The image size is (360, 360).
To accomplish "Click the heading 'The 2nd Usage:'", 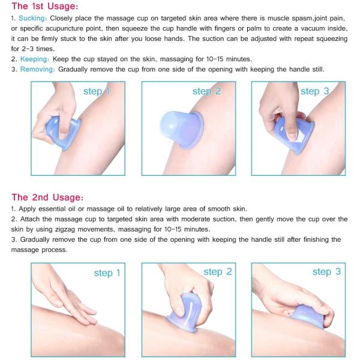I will click(x=47, y=197).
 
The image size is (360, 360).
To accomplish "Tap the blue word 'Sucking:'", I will click(x=34, y=19).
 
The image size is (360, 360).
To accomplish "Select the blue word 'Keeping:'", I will click(x=34, y=59).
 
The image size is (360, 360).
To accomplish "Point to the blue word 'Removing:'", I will click(x=38, y=70).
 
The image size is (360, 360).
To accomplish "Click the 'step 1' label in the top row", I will click(x=96, y=91).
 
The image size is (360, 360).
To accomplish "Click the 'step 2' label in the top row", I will click(x=206, y=91).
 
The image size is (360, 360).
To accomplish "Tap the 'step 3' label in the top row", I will click(x=314, y=91).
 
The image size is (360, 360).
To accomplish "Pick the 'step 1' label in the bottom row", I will click(x=107, y=273).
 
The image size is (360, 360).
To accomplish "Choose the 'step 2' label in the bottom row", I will click(x=217, y=272).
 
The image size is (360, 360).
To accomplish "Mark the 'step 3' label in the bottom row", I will click(x=326, y=272).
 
